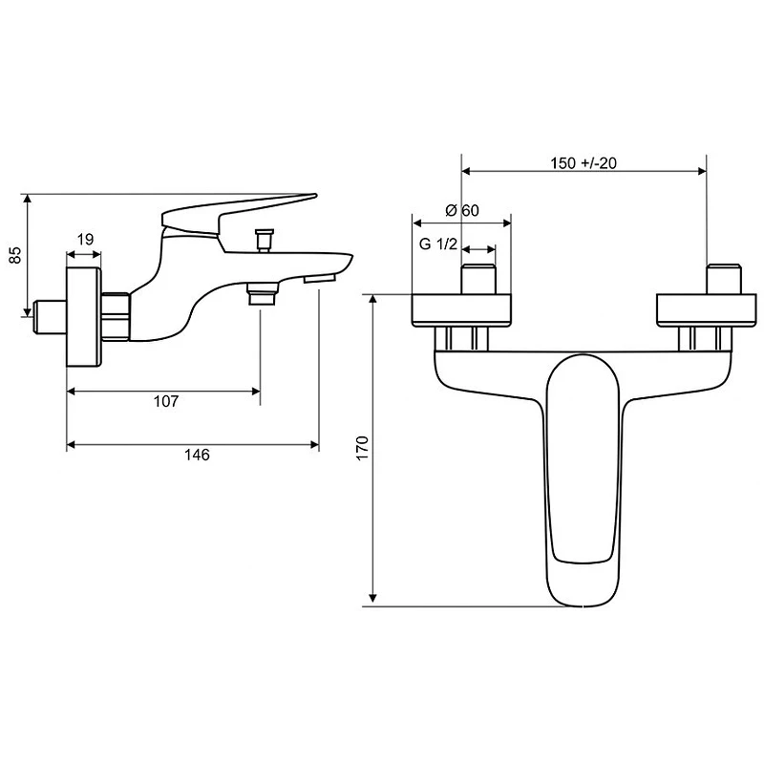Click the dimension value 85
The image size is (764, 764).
click(x=16, y=255)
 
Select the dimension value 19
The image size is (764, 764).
click(x=85, y=240)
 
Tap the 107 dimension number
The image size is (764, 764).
click(x=166, y=401)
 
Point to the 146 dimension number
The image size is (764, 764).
click(x=197, y=455)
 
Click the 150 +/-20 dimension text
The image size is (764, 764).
click(x=584, y=162)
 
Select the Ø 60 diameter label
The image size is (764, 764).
click(x=462, y=210)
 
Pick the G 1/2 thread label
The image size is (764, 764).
click(x=438, y=244)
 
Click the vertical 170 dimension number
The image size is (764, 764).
click(x=363, y=448)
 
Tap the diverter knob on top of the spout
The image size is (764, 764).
click(x=265, y=240)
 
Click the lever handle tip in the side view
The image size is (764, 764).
click(x=314, y=196)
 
